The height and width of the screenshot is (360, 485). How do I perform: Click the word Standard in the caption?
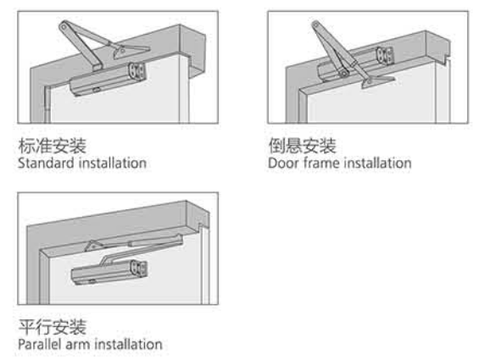[46, 163]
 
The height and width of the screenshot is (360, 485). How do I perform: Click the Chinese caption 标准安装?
[53, 146]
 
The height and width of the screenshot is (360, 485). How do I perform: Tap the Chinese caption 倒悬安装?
[302, 146]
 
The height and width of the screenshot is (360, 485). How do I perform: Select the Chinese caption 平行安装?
[53, 327]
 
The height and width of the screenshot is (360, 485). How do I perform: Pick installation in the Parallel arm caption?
[129, 344]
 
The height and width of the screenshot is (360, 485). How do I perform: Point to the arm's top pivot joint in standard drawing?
[64, 27]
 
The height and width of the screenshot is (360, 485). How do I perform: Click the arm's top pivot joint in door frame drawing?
[315, 25]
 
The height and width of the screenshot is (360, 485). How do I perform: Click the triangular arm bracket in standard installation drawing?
[130, 52]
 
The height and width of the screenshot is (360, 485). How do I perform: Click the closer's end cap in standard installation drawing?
[137, 72]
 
